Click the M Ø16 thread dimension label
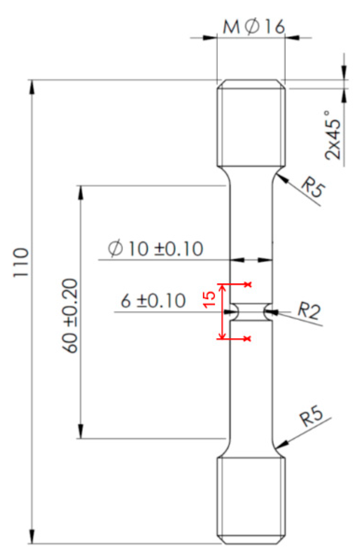tap(254, 26)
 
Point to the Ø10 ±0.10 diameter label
tap(156, 249)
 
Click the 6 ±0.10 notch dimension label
tap(153, 301)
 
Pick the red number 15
tap(209, 299)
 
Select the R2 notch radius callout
tap(309, 310)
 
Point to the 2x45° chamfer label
tap(333, 135)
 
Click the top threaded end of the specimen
tap(251, 123)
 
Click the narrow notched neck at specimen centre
tap(251, 311)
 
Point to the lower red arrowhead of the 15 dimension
tap(222, 336)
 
